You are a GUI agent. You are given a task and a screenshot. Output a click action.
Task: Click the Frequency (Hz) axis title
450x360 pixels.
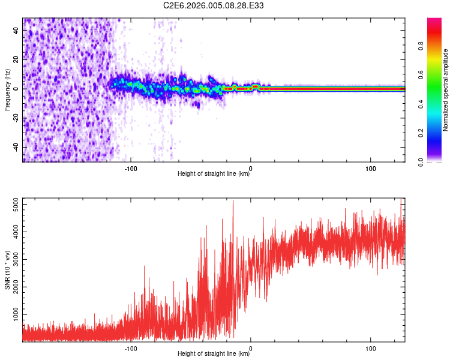(7, 90)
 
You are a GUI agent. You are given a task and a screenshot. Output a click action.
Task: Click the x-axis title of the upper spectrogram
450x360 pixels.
(214, 174)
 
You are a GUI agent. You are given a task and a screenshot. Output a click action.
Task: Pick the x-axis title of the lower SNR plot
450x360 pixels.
(214, 353)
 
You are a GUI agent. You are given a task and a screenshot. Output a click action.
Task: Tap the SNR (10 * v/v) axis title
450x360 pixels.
(7, 270)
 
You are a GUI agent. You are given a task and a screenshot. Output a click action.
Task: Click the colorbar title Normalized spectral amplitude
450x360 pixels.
(446, 90)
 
